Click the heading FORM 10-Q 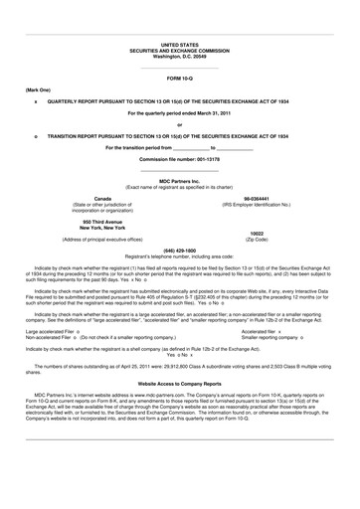point(179,77)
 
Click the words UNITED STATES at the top point(179,46)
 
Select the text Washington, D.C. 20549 point(179,56)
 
